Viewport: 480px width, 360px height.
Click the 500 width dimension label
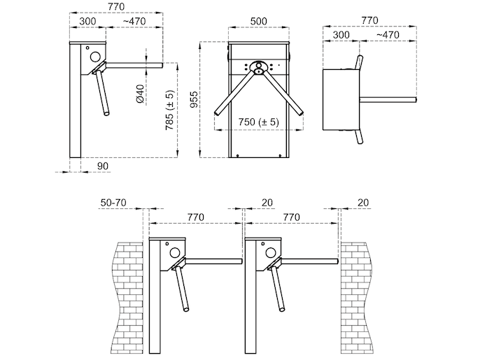click(259, 21)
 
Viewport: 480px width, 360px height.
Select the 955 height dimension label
click(194, 99)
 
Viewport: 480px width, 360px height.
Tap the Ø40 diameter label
click(140, 94)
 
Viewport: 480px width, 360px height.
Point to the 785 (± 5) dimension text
click(169, 110)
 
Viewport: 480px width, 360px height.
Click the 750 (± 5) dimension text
click(259, 122)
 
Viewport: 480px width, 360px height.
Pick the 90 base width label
click(103, 166)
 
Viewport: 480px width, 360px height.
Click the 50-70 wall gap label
click(113, 203)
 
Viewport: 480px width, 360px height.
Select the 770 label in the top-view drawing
click(369, 20)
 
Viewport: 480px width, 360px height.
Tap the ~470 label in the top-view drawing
click(388, 35)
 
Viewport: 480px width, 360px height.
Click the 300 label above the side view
click(87, 22)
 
